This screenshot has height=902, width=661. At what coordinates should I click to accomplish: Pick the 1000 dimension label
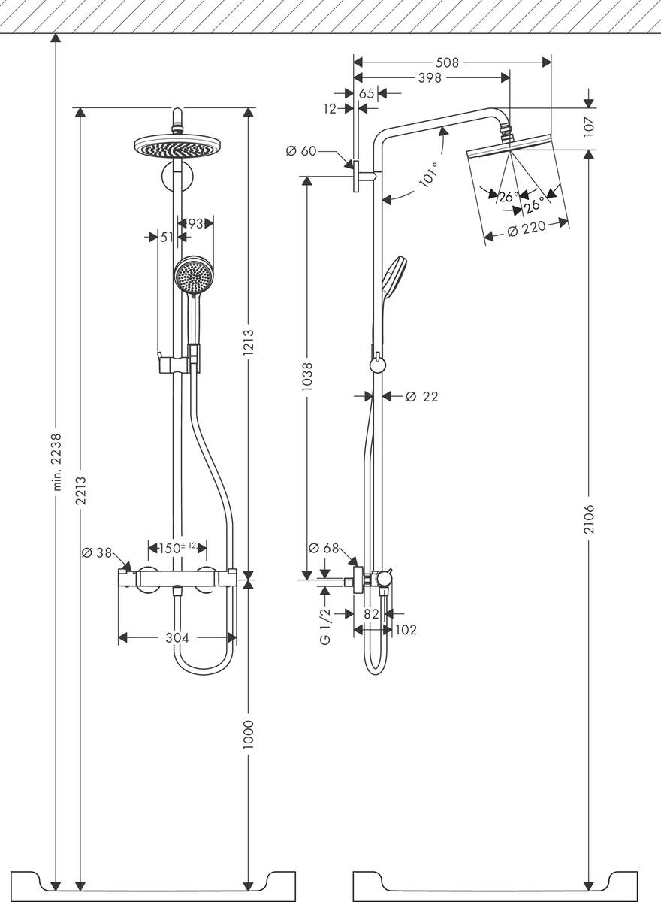(x=249, y=733)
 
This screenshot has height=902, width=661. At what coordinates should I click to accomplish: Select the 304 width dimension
(x=177, y=638)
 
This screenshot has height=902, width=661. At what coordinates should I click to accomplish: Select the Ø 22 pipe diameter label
(x=421, y=396)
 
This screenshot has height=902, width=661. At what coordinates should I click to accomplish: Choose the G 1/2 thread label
(x=324, y=628)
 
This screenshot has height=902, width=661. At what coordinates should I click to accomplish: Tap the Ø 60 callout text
(x=301, y=151)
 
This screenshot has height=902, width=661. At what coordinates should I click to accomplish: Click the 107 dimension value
(x=590, y=124)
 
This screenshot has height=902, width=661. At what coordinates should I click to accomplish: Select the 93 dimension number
(x=195, y=223)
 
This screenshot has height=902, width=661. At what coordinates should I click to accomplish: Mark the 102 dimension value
(x=406, y=630)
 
